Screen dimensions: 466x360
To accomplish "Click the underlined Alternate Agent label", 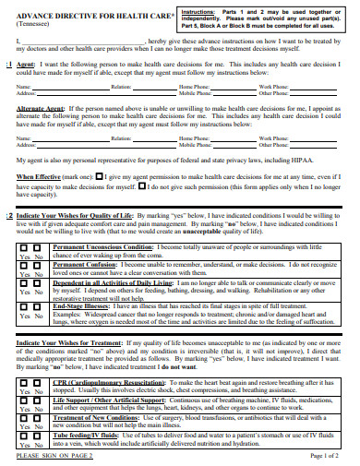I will click(41, 108).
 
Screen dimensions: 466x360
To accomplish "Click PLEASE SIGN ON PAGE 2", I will click(54, 456).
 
